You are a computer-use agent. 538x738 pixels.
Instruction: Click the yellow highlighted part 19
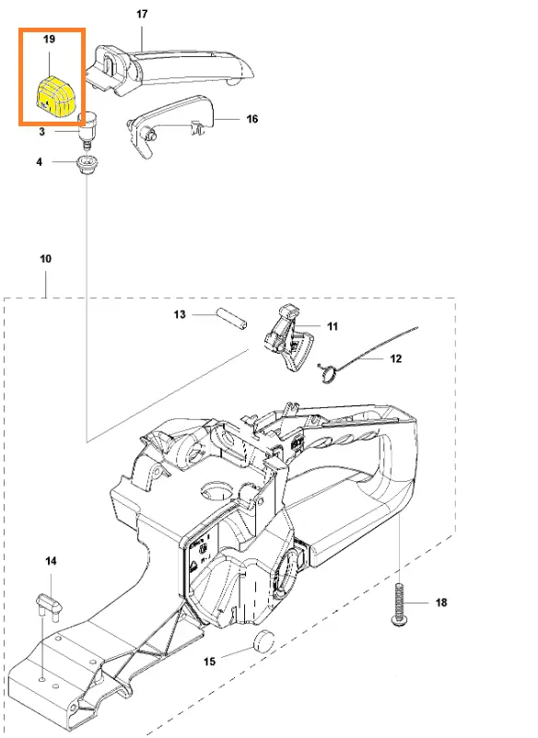tap(55, 97)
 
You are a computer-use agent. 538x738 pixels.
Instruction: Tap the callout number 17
tap(142, 14)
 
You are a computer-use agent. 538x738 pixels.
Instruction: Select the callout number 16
tap(252, 119)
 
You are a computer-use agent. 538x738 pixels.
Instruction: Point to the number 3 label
tap(41, 132)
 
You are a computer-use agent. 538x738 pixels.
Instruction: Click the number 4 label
tap(39, 162)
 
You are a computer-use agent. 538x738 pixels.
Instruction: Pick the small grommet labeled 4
tap(87, 166)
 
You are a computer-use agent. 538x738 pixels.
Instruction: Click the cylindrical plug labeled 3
tap(87, 129)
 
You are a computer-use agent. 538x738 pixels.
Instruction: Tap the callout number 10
tap(45, 259)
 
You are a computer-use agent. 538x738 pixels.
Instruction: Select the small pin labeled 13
tap(231, 319)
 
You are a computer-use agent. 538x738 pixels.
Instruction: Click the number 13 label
tap(180, 314)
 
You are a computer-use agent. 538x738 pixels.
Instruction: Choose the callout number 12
tap(396, 358)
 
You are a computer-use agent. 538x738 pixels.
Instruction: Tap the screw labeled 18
tap(399, 604)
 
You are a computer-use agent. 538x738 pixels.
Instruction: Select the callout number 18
tap(441, 603)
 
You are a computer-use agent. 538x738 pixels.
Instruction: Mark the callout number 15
tap(209, 662)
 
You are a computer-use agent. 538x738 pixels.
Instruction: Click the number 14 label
tap(51, 561)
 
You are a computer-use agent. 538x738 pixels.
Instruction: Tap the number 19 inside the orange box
tap(49, 39)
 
